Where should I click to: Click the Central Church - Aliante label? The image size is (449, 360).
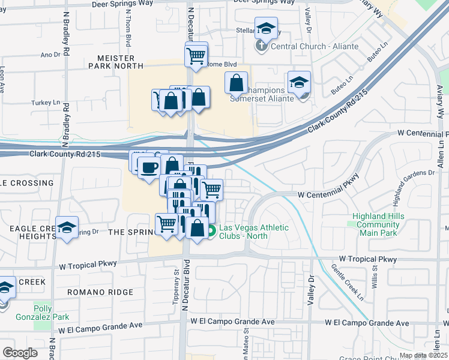(x=315, y=46)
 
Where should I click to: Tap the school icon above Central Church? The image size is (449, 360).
(x=265, y=28)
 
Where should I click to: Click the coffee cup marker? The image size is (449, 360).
(x=148, y=167)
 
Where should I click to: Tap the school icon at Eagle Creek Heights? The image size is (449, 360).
(x=67, y=227)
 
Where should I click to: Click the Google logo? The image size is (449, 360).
(x=20, y=353)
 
